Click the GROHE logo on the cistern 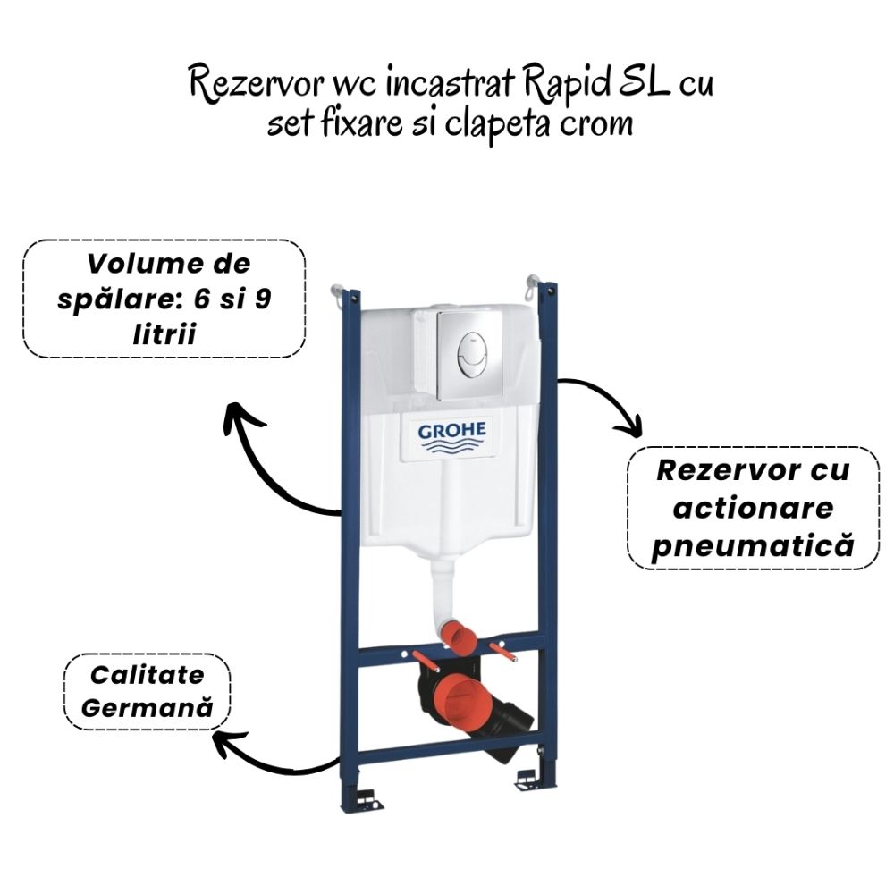click(x=452, y=435)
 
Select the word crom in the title click(x=598, y=122)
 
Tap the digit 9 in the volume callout click(x=262, y=299)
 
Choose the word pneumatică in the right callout click(x=752, y=545)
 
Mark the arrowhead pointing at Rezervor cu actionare click(x=631, y=427)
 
